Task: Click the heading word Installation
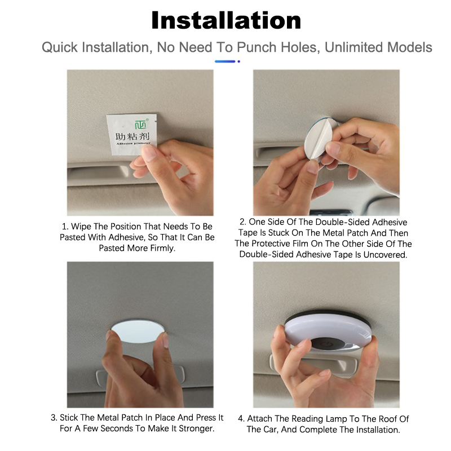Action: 226,20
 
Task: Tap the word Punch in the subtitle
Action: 257,47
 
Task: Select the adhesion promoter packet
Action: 131,134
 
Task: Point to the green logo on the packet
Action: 140,124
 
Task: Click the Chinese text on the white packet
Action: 132,136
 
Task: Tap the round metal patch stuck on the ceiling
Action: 138,330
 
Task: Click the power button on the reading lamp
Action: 329,344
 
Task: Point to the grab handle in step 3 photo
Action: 140,376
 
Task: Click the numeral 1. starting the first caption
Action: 65,227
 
